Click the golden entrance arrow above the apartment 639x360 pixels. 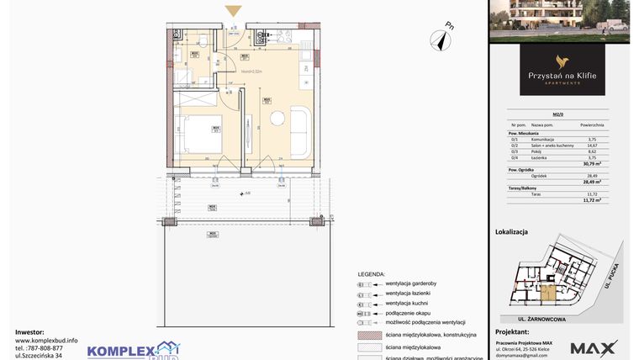click(234, 11)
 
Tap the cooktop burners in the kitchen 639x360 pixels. click(260, 36)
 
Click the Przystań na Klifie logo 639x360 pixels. click(562, 70)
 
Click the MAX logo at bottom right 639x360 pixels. click(594, 347)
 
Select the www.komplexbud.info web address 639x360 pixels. click(46, 340)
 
